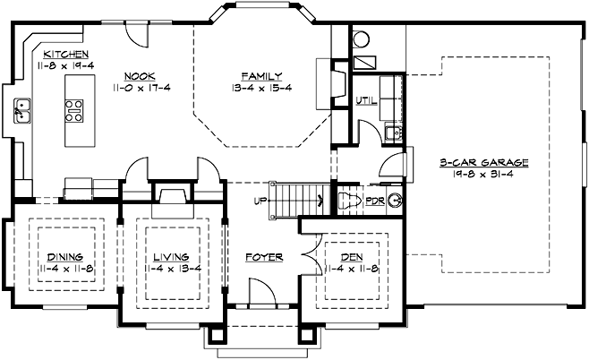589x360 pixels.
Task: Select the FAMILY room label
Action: pos(261,76)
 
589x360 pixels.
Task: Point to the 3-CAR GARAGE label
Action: pos(484,162)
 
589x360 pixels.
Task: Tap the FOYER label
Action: pos(264,257)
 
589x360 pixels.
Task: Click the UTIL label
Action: pos(365,99)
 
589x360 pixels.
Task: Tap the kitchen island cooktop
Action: pos(73,110)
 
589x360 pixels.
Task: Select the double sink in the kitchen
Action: pos(22,111)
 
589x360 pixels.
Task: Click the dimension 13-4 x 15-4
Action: pos(261,88)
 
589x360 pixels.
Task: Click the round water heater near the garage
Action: pos(361,39)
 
